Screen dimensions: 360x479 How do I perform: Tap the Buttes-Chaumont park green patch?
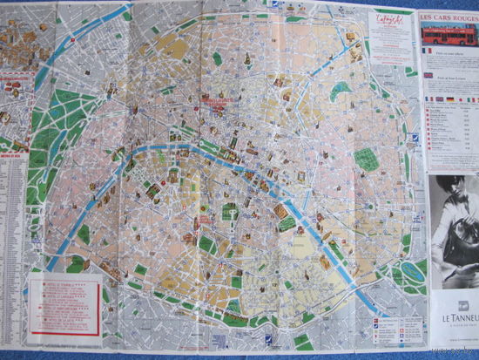click(x=341, y=90)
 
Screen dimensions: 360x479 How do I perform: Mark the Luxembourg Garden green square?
click(x=229, y=212)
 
